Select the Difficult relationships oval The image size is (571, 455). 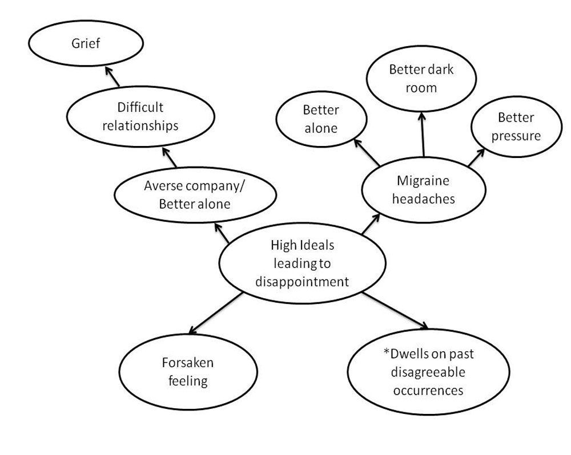click(140, 116)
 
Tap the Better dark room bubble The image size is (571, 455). click(421, 79)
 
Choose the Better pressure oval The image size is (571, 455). click(516, 127)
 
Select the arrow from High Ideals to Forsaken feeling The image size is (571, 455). click(217, 313)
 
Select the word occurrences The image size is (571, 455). click(428, 391)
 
